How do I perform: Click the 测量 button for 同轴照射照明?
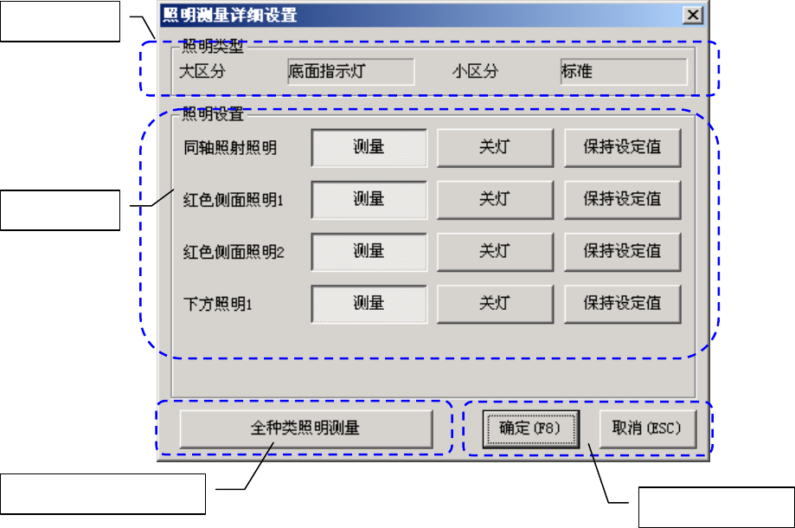pyautogui.click(x=369, y=147)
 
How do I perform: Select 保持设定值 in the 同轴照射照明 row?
pyautogui.click(x=622, y=147)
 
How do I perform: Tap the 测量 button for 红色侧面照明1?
pyautogui.click(x=369, y=199)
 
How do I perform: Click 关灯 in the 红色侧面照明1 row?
pyautogui.click(x=494, y=199)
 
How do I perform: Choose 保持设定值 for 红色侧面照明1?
pyautogui.click(x=622, y=199)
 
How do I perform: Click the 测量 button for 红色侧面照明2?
pyautogui.click(x=369, y=251)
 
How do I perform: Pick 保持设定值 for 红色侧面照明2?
pyautogui.click(x=622, y=251)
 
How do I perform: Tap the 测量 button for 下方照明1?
pyautogui.click(x=369, y=303)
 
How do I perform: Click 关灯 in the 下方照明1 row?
pyautogui.click(x=494, y=303)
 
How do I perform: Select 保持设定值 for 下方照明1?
pyautogui.click(x=622, y=303)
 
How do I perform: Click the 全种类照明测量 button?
pyautogui.click(x=306, y=428)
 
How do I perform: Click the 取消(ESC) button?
pyautogui.click(x=647, y=428)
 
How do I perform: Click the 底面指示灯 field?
pyautogui.click(x=349, y=72)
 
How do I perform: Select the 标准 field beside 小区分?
pyautogui.click(x=623, y=72)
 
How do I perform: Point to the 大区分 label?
pyautogui.click(x=202, y=72)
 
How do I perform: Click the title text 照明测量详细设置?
pyautogui.click(x=229, y=15)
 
